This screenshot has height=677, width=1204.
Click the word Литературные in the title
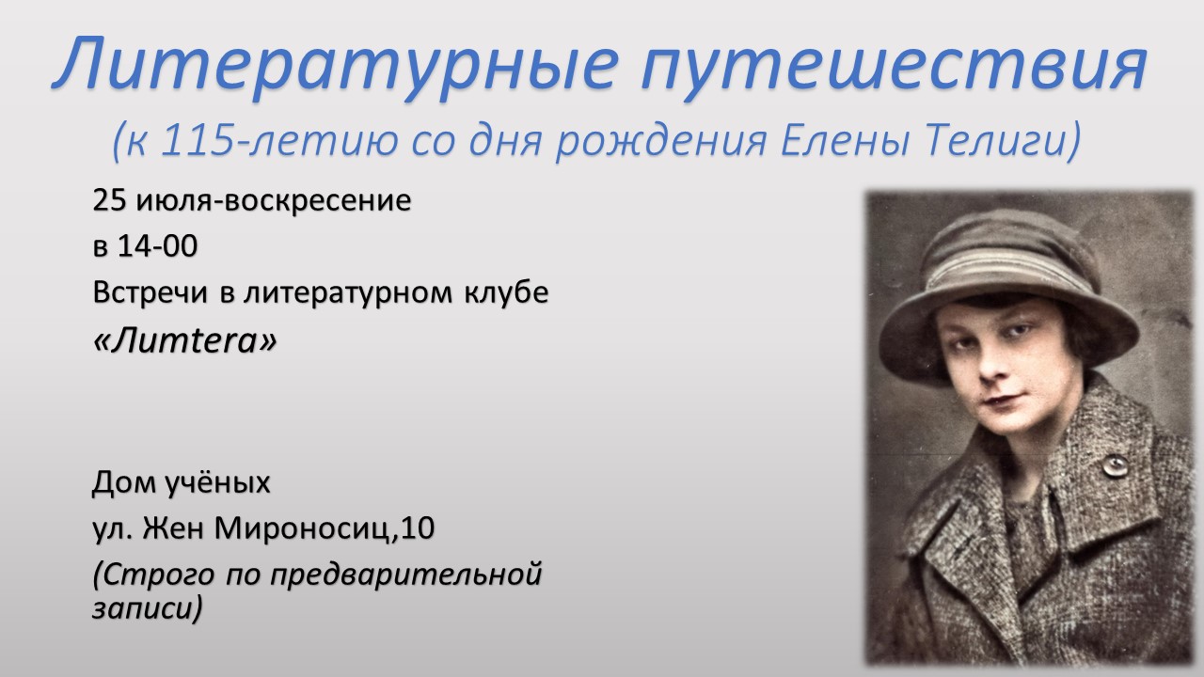(x=334, y=66)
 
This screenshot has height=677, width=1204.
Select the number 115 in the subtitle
(x=197, y=140)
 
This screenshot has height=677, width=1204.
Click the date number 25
(x=110, y=200)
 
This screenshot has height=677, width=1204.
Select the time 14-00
(x=157, y=246)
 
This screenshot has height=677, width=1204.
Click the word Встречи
(x=150, y=292)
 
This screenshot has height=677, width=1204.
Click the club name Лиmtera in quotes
(x=185, y=340)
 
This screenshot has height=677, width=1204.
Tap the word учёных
(x=217, y=482)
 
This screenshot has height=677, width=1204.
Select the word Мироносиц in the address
(x=302, y=528)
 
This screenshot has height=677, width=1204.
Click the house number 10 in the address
(x=417, y=528)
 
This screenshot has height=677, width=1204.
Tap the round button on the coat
(x=1116, y=465)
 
